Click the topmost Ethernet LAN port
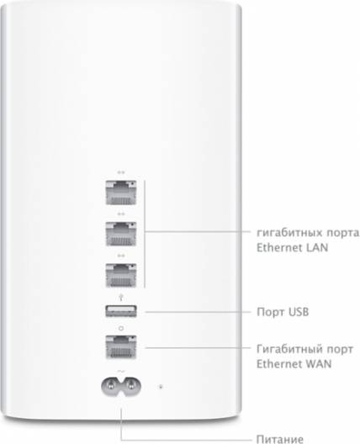tap(121, 193)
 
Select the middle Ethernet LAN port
tap(121, 234)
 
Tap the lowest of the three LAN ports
tap(121, 276)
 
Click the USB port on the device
tap(121, 311)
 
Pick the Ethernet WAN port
tap(121, 347)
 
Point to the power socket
tap(121, 387)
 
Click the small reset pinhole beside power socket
tap(161, 387)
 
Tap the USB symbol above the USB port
tap(121, 298)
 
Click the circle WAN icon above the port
tap(121, 329)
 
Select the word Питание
tap(279, 439)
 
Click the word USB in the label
tap(299, 312)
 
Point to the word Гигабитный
tap(289, 350)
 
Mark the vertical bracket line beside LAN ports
tap(145, 234)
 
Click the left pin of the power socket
tap(111, 386)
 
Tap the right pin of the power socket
tap(131, 386)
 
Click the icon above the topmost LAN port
tap(121, 172)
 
